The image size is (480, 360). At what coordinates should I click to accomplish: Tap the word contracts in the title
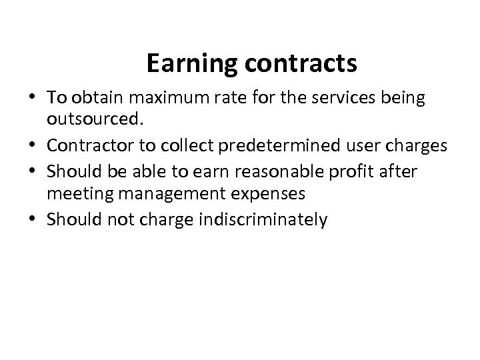[x=301, y=64]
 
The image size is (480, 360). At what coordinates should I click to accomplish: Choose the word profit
[x=367, y=172]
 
